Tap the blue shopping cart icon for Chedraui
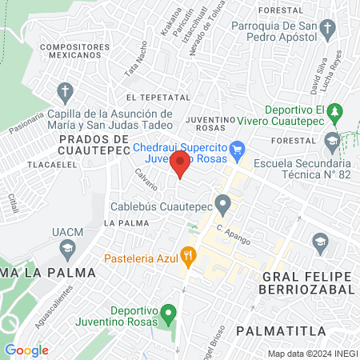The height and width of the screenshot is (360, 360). pyautogui.click(x=237, y=149)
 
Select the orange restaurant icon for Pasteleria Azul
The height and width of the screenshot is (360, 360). pyautogui.click(x=189, y=257)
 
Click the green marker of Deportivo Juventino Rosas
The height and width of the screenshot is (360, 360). pyautogui.click(x=167, y=311)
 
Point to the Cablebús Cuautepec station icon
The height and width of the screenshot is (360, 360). pyautogui.click(x=224, y=204)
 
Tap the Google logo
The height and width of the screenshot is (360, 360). pyautogui.click(x=26, y=350)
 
